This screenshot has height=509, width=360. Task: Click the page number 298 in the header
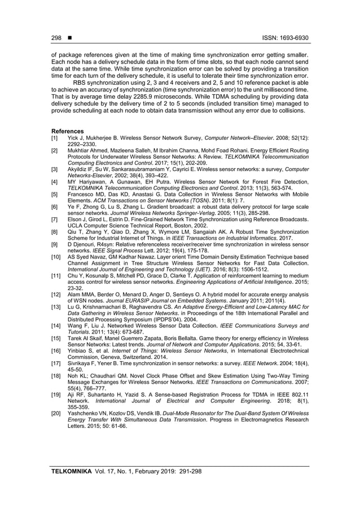(x=56, y=38)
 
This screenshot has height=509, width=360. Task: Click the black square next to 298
(x=69, y=38)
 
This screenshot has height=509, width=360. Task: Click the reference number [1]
(x=55, y=137)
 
